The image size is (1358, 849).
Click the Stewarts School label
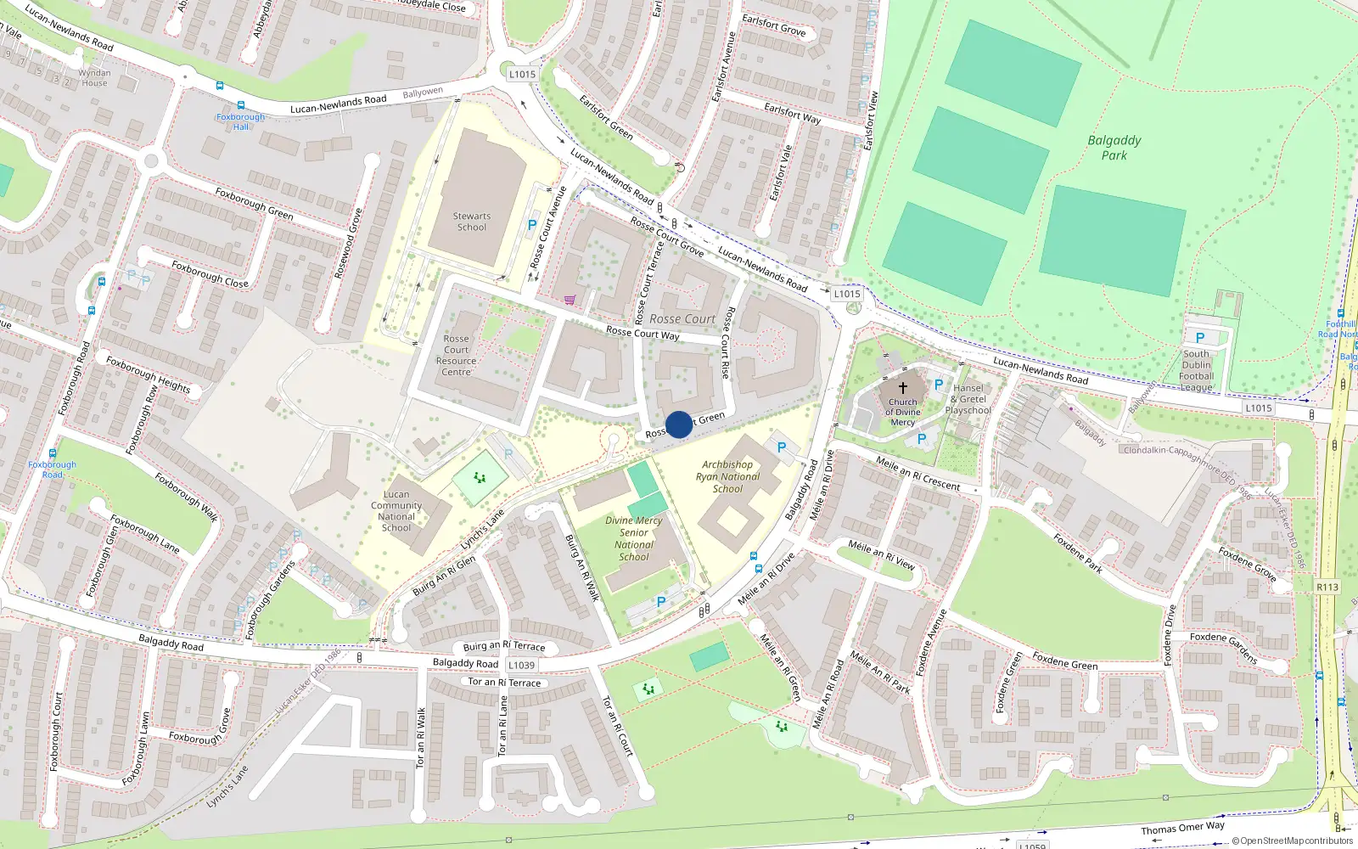472,222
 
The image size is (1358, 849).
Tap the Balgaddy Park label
1114,148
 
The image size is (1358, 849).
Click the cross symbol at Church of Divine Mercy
903,387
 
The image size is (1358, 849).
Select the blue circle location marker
679,424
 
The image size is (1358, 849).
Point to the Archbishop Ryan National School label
727,476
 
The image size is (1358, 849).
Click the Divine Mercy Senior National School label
634,538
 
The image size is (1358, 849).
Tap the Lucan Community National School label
396,510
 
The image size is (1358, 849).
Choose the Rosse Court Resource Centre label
457,355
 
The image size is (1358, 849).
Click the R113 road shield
1327,587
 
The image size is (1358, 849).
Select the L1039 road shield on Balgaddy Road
522,665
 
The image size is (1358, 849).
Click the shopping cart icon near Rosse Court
570,300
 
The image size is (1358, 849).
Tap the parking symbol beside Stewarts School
532,225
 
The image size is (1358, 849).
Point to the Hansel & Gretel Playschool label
968,399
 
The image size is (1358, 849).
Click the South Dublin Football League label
1196,370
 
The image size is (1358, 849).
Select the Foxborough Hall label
241,121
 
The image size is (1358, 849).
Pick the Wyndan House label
94,78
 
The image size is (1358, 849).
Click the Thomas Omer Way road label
1182,828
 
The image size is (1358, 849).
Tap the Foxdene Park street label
1078,553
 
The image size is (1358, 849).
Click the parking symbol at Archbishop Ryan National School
782,447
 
